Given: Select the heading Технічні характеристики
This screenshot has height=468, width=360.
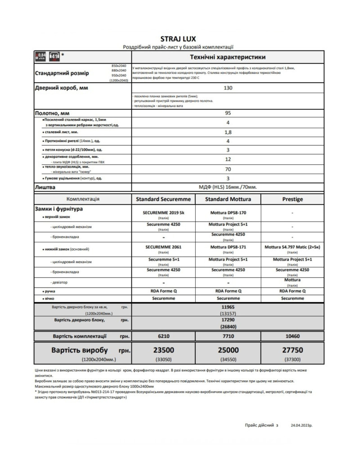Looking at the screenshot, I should [228, 57].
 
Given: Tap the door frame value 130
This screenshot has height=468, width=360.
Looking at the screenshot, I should [228, 88].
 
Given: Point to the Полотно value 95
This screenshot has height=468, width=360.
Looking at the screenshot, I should [228, 113].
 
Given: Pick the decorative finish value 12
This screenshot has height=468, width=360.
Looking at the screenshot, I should [228, 159].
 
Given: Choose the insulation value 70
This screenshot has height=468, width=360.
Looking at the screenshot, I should [228, 170].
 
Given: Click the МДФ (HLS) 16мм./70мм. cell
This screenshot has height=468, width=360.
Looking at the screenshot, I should [228, 187].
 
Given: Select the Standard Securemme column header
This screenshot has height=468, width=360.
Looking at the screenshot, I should [163, 199].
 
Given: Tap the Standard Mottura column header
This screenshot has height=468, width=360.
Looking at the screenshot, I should [228, 199].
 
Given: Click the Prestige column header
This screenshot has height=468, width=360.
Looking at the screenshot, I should [292, 199].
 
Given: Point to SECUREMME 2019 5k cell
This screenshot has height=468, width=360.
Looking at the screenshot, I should [163, 212].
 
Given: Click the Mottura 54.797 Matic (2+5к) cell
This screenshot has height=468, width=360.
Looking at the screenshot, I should [292, 247].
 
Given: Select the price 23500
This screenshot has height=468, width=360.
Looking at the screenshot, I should [163, 350].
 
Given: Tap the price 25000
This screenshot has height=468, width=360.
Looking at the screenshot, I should [228, 350].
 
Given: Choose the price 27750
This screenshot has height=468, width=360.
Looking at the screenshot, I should [292, 350].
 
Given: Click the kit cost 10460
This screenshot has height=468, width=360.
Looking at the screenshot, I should [292, 336].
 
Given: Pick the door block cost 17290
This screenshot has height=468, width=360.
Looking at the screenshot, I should [228, 320].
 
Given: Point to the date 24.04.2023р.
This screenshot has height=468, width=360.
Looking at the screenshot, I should [301, 424].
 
